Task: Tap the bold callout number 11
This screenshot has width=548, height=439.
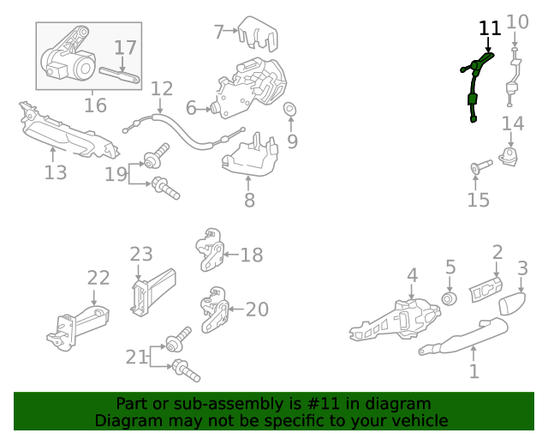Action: (x=490, y=28)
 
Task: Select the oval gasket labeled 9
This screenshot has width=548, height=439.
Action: (x=289, y=109)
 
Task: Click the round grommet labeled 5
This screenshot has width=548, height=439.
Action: (x=449, y=298)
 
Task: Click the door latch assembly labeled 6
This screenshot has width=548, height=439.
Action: (x=250, y=87)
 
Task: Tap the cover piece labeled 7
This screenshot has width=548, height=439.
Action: (x=258, y=33)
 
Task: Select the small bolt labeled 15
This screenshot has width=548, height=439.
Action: (x=481, y=166)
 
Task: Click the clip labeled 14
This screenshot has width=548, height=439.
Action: (x=509, y=156)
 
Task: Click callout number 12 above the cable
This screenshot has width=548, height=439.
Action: (x=162, y=88)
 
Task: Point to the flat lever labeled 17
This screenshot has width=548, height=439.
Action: (x=120, y=75)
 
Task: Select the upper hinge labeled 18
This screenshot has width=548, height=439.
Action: (x=211, y=250)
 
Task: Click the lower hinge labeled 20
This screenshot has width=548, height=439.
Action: (x=214, y=310)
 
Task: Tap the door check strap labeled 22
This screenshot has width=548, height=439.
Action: (x=78, y=328)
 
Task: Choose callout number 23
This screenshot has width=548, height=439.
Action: (x=141, y=255)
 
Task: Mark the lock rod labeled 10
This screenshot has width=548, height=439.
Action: (x=513, y=77)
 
